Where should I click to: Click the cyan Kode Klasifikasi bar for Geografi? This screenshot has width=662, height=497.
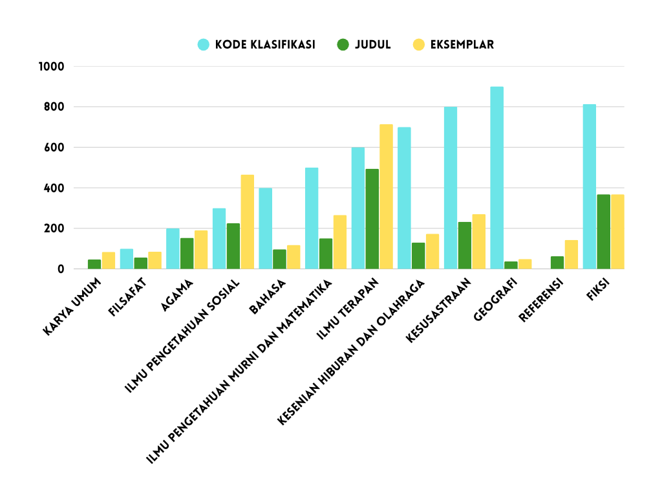496,178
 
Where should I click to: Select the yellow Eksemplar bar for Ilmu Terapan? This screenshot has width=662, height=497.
386,197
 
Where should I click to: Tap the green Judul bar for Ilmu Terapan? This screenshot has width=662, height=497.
372,219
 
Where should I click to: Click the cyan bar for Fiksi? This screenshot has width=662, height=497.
589,186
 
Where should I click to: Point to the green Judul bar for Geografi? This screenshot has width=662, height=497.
511,265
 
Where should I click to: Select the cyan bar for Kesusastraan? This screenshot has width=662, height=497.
451,188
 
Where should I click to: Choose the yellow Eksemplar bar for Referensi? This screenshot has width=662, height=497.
571,254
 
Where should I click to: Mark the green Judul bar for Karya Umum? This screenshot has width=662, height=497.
94,264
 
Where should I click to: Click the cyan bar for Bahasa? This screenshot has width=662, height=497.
265,228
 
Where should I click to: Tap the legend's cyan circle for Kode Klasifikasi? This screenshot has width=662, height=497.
204,45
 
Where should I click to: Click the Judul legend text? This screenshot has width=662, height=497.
373,45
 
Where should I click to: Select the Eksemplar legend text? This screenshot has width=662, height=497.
462,45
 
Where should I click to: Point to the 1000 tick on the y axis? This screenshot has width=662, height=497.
51,67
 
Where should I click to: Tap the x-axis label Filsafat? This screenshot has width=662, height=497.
131,296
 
